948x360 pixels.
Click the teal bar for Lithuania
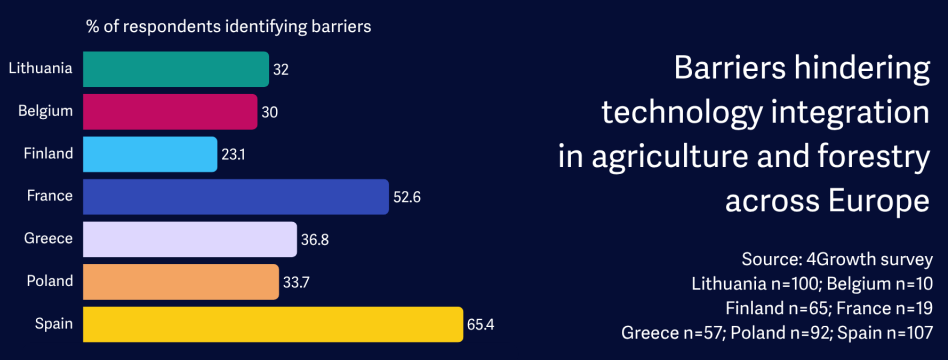(x=176, y=69)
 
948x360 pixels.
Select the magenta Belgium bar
(x=170, y=111)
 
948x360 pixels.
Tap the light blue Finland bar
(x=150, y=154)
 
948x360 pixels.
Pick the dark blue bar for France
(x=236, y=197)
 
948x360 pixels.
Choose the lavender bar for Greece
(x=190, y=239)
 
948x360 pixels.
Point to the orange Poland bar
(x=181, y=282)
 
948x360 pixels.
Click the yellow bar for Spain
(x=273, y=324)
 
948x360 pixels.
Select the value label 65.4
(x=481, y=325)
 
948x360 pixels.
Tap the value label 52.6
(x=407, y=197)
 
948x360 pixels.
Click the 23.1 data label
(x=233, y=155)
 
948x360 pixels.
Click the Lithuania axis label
(x=41, y=68)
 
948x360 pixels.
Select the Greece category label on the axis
(x=48, y=239)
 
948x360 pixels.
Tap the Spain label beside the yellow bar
(x=54, y=324)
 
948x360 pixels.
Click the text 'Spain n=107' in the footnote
(x=888, y=332)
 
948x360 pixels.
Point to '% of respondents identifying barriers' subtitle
(x=229, y=27)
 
